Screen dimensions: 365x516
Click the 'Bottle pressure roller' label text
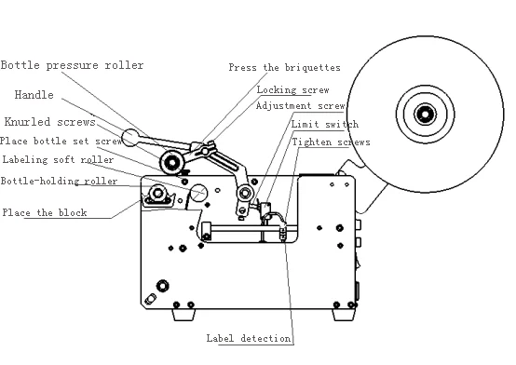tap(72, 65)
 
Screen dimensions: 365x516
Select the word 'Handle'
tap(34, 94)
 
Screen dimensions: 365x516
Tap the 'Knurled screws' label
tap(48, 122)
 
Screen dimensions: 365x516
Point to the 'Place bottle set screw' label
tap(61, 141)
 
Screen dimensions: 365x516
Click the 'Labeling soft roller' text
tap(57, 160)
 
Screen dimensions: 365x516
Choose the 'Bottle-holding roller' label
tap(59, 181)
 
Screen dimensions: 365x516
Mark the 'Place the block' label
tap(44, 212)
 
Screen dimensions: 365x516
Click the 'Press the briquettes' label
tap(285, 68)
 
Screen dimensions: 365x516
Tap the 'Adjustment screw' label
tap(300, 105)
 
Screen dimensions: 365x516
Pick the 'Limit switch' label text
tap(324, 124)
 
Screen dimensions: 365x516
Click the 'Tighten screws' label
tap(331, 142)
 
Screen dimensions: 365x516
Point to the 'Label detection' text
tap(248, 338)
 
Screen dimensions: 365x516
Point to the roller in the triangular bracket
tap(155, 196)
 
